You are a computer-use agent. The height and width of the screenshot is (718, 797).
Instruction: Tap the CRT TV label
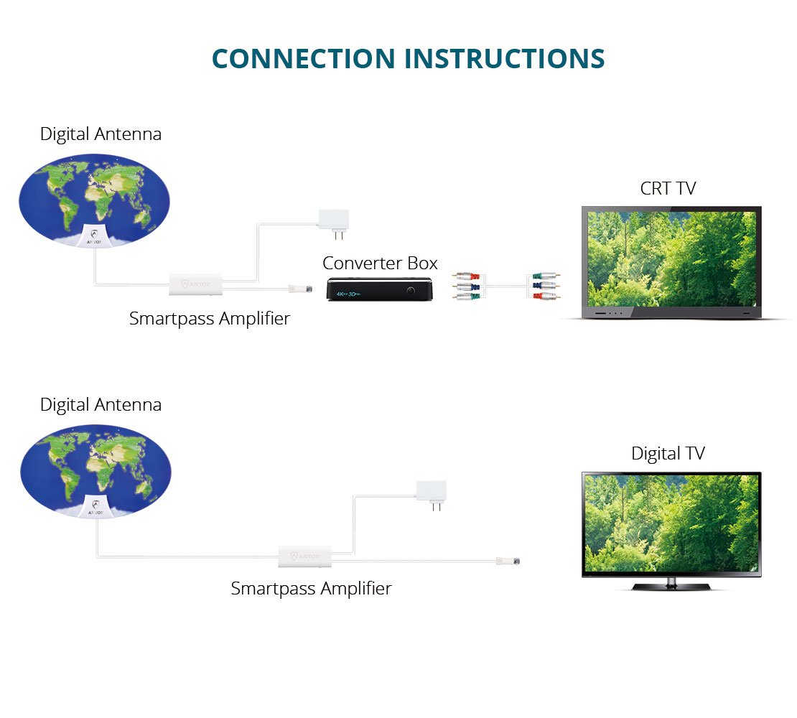(668, 188)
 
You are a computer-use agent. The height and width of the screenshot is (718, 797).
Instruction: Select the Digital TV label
(668, 454)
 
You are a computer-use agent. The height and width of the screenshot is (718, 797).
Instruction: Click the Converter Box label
(380, 263)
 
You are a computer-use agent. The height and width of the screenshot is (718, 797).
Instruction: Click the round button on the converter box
(411, 291)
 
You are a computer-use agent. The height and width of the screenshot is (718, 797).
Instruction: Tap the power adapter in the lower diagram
(431, 491)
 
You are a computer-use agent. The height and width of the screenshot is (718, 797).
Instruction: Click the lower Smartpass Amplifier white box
(305, 556)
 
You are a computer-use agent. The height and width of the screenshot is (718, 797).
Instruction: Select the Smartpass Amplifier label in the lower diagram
(311, 589)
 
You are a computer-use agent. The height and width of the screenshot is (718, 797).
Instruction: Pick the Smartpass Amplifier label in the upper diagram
(210, 318)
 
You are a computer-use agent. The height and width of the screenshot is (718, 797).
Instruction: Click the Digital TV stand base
(671, 586)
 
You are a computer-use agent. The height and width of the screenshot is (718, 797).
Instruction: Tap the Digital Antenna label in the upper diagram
(101, 134)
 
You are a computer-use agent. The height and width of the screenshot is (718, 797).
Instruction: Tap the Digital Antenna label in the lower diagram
(101, 405)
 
